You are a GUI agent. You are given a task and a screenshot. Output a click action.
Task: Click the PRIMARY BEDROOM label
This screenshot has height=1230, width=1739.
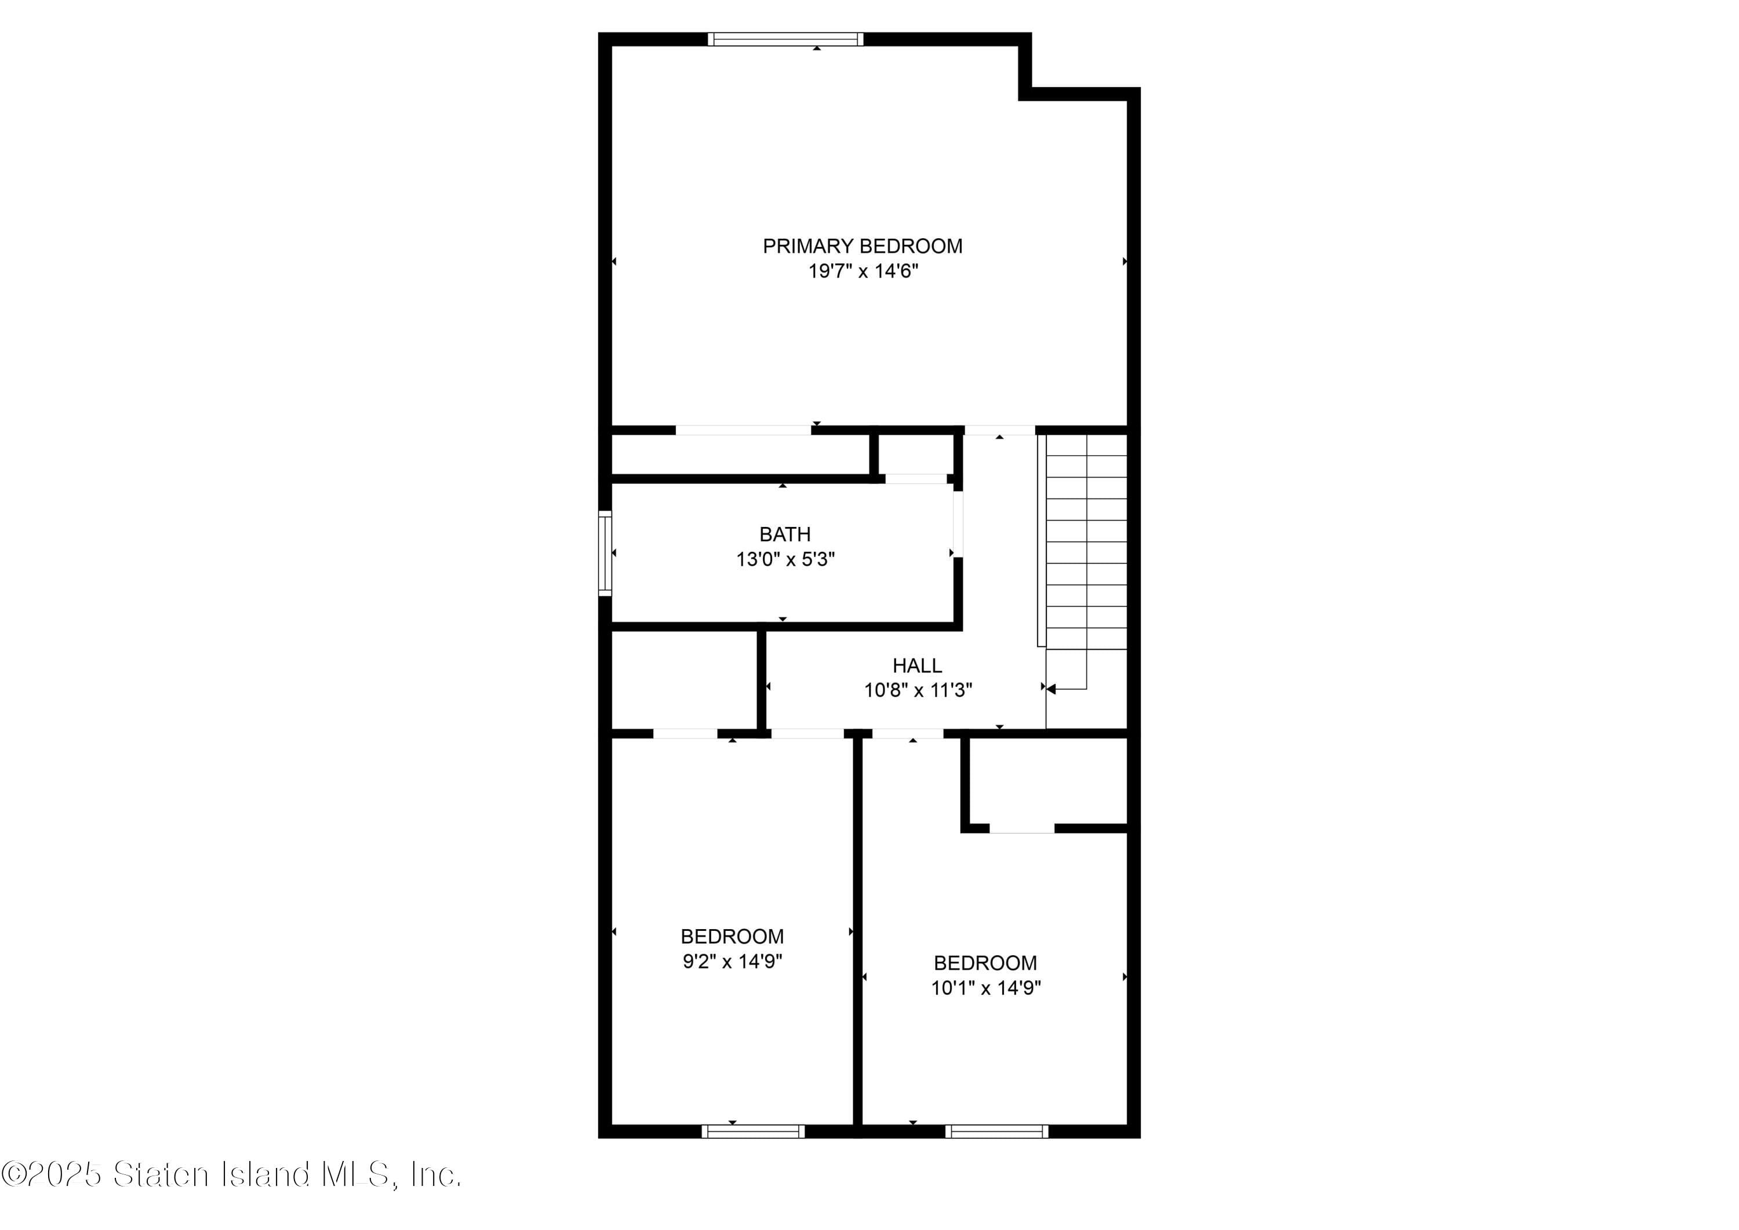pyautogui.click(x=862, y=246)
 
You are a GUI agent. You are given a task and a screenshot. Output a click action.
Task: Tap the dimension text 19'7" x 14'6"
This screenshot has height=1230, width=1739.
pyautogui.click(x=863, y=271)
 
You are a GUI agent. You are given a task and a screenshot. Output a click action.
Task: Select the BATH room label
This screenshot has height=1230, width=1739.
pyautogui.click(x=785, y=534)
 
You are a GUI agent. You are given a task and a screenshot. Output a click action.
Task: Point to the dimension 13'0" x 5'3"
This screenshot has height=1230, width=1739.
pyautogui.click(x=785, y=560)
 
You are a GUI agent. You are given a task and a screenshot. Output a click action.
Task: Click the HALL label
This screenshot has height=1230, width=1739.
pyautogui.click(x=917, y=666)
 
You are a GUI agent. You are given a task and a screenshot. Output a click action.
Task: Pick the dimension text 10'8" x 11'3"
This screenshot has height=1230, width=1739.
pyautogui.click(x=918, y=691)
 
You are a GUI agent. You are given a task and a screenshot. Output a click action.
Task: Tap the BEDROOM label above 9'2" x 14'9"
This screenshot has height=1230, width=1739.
pyautogui.click(x=732, y=936)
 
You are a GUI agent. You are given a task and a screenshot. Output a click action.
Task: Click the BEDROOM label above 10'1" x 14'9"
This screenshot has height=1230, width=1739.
pyautogui.click(x=985, y=963)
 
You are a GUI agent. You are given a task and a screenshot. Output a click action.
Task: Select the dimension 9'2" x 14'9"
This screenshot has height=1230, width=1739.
pyautogui.click(x=732, y=961)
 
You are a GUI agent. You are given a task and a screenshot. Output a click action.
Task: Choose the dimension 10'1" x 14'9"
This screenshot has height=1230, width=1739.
pyautogui.click(x=985, y=988)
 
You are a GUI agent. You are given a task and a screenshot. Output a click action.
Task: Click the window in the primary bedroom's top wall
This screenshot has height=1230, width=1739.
pyautogui.click(x=785, y=39)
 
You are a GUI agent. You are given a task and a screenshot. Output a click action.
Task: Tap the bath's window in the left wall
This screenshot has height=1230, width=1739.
pyautogui.click(x=605, y=553)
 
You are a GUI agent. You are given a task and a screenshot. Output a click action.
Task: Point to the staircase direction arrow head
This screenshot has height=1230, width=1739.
pyautogui.click(x=1052, y=689)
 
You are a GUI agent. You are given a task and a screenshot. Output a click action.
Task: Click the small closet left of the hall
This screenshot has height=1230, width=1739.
pyautogui.click(x=683, y=679)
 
